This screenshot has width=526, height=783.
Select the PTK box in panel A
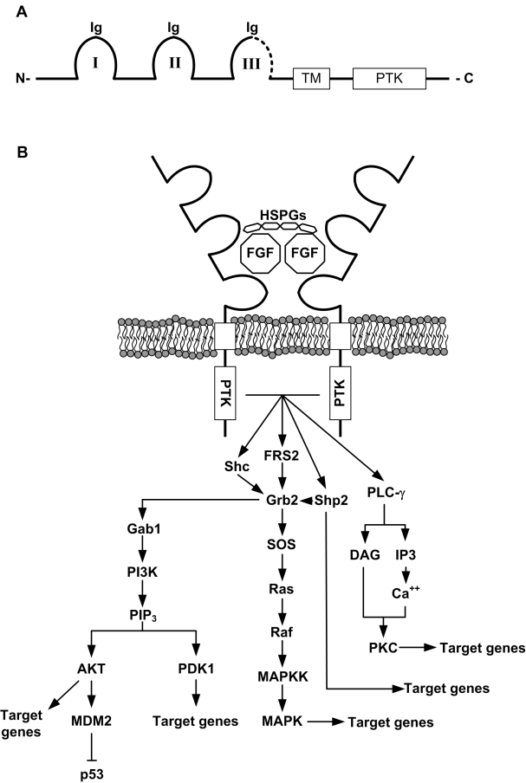pyautogui.click(x=390, y=79)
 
